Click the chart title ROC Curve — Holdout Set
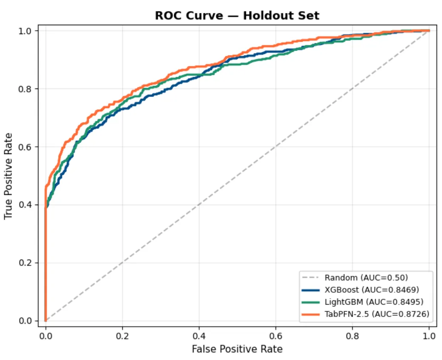tap(237, 16)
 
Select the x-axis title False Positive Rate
tap(237, 349)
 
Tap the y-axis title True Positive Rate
tap(9, 176)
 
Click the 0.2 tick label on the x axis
tap(122, 335)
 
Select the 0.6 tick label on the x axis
tap(276, 335)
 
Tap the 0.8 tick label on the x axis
tap(352, 335)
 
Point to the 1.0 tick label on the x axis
tap(429, 335)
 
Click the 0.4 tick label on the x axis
tap(199, 335)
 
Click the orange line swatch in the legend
tap(310, 314)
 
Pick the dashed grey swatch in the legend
tap(310, 278)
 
